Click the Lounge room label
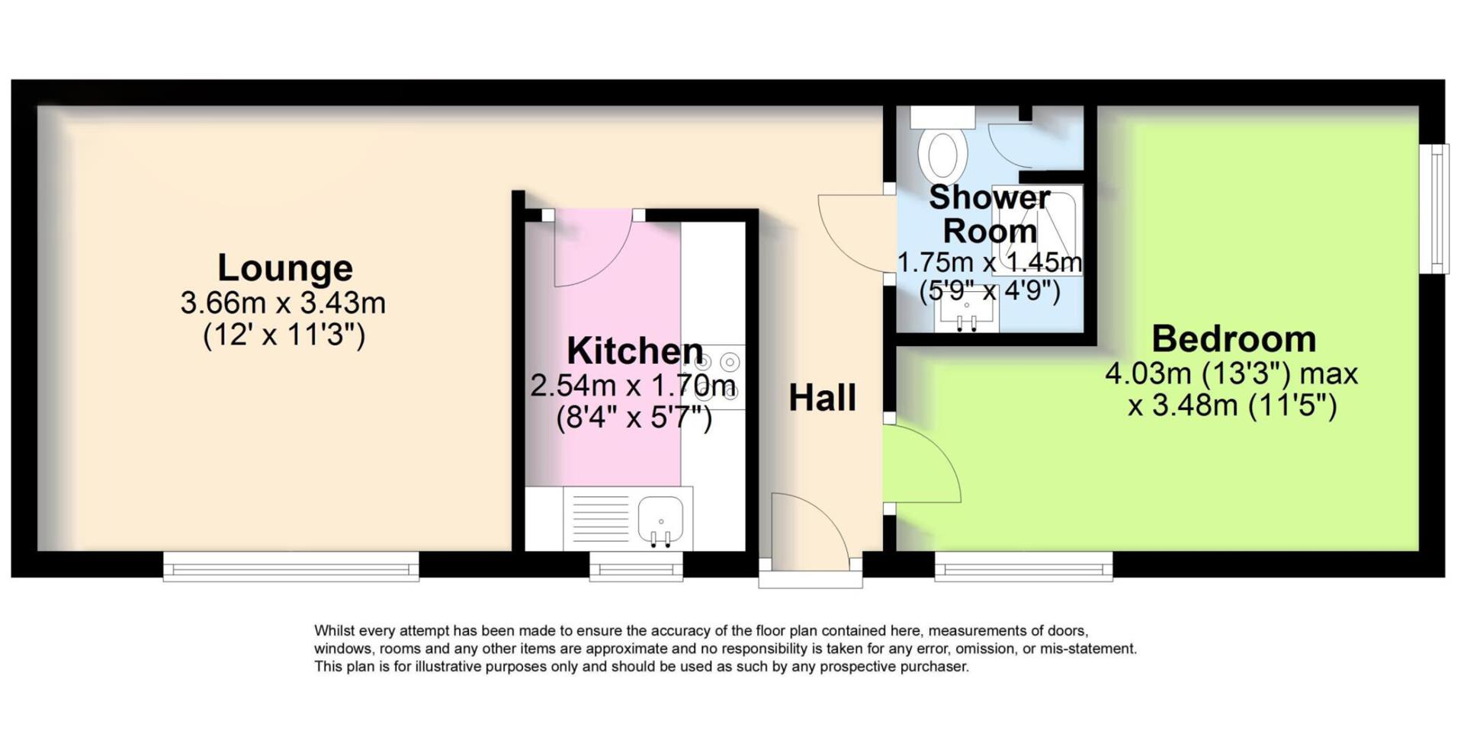(x=285, y=268)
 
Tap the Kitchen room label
(x=635, y=351)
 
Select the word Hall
(x=822, y=398)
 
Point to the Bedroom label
(x=1234, y=339)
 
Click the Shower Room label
(x=990, y=214)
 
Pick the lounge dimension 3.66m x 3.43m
(x=283, y=303)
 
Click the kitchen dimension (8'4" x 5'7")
(x=634, y=418)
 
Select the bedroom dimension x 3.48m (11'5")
(x=1232, y=405)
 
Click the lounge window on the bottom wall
(x=291, y=567)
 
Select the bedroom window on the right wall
(x=1437, y=208)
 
